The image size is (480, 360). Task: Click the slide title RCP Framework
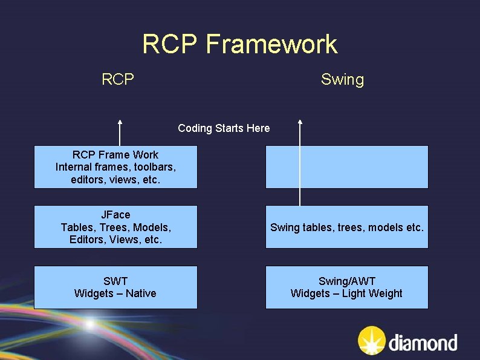click(239, 44)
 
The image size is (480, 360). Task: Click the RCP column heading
click(118, 79)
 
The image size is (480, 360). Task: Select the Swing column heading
click(342, 79)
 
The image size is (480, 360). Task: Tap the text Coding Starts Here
click(224, 128)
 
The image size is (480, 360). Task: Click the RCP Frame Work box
click(115, 167)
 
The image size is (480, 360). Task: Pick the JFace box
click(115, 227)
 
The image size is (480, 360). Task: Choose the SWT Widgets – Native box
click(115, 287)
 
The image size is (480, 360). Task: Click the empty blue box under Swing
click(346, 167)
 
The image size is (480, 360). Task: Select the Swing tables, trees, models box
click(346, 227)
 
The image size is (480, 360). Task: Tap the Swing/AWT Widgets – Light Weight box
click(346, 287)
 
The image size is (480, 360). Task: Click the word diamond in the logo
click(423, 343)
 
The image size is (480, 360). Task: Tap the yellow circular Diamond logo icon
click(370, 341)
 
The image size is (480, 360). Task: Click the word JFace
click(115, 215)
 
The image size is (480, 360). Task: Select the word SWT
click(115, 281)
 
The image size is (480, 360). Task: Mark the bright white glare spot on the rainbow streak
click(91, 325)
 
